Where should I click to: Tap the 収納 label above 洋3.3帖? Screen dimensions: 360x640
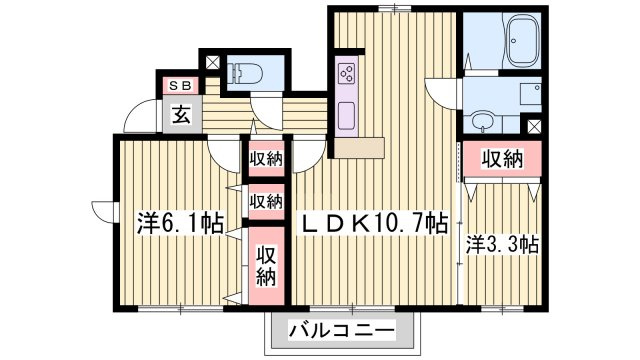(501, 158)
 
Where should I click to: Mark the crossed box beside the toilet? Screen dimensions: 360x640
(212, 62)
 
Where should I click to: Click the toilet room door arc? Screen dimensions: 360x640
(267, 109)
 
